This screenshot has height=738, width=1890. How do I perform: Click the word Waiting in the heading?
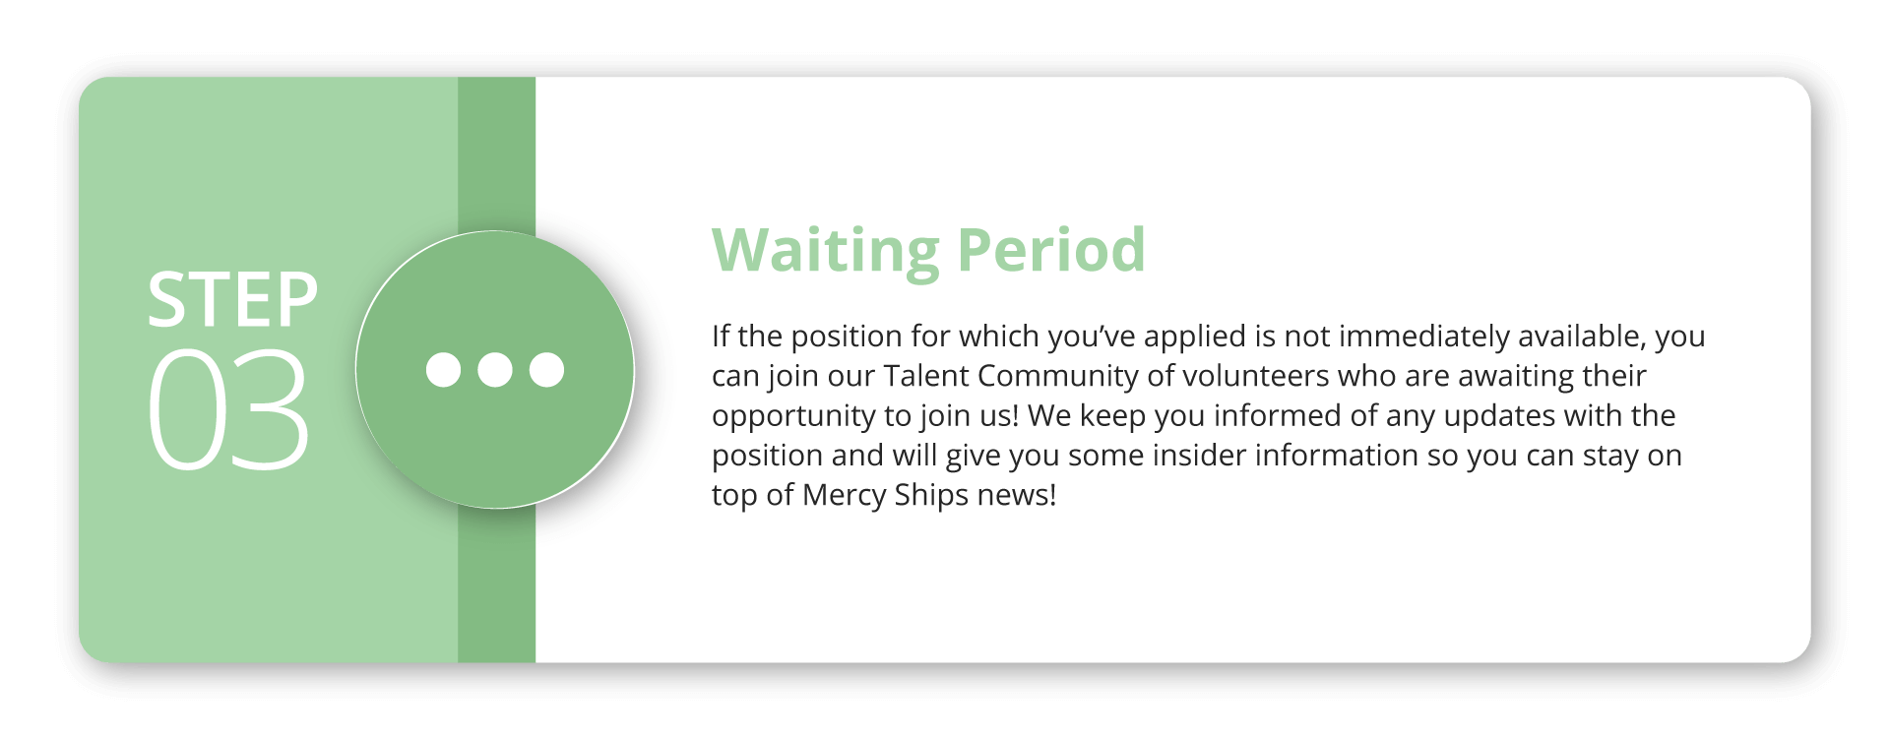point(826,252)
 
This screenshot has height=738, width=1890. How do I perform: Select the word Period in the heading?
point(1051,250)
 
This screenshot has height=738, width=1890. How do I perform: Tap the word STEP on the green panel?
point(232,300)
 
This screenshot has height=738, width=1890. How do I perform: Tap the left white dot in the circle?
point(443,370)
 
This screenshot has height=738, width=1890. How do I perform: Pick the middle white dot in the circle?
point(495,370)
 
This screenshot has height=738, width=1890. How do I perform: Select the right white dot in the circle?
point(546,370)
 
